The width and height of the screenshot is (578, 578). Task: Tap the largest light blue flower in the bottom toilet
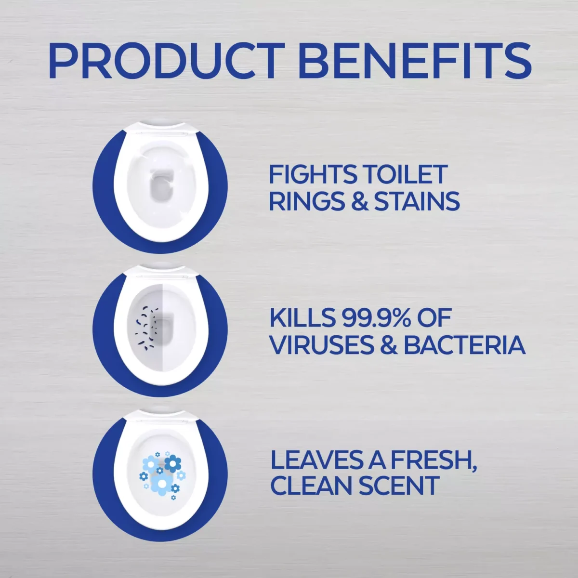(162, 483)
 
